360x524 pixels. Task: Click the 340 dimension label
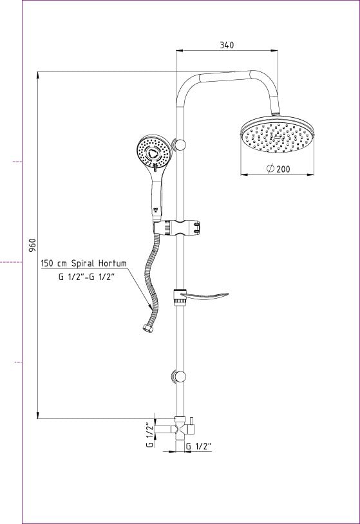point(227,45)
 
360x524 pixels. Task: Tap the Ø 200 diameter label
point(278,169)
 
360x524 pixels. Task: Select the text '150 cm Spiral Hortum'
point(84,263)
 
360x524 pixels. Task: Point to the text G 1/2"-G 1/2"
point(86,277)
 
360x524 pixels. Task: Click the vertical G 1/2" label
point(150,435)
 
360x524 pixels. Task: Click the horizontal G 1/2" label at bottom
point(199,446)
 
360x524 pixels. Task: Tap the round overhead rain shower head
point(278,135)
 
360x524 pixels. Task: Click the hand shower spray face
point(154,151)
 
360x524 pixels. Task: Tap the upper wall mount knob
point(179,145)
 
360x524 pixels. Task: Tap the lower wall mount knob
point(179,377)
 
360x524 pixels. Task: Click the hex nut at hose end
point(147,328)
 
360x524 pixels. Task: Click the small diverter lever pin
point(192,420)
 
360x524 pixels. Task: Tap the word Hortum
point(113,263)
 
